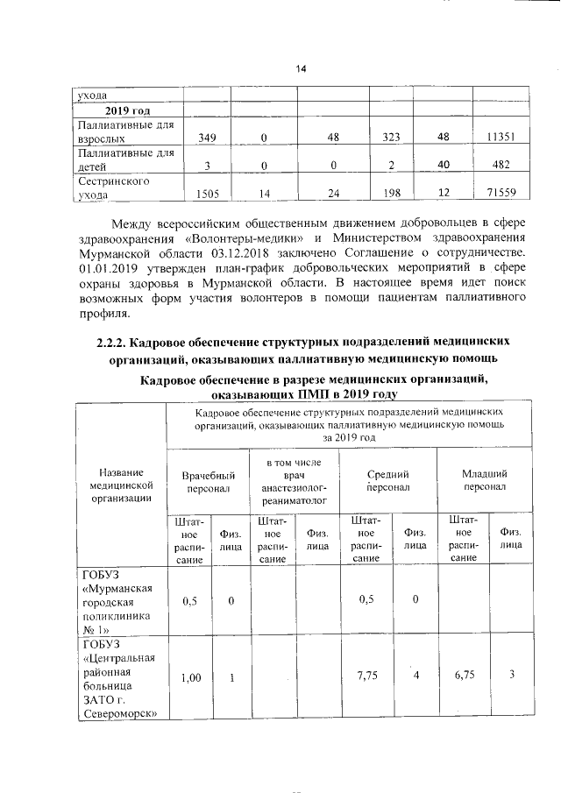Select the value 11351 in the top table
pos(507,138)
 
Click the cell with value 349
pos(207,138)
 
